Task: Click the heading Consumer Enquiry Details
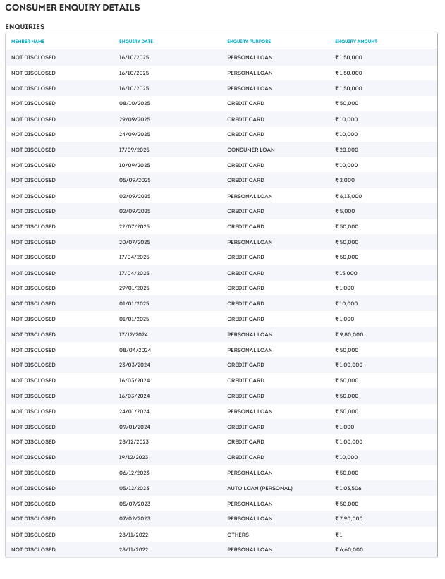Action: click(73, 8)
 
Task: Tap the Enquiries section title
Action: click(25, 26)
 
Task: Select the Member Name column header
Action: click(28, 42)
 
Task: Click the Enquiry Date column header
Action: click(136, 42)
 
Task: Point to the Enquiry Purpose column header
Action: click(249, 42)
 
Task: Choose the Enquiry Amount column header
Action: click(356, 42)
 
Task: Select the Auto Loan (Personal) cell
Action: click(260, 488)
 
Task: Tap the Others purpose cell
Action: click(238, 535)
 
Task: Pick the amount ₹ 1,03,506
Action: click(348, 488)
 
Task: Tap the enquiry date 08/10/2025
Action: click(134, 104)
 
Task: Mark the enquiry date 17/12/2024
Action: click(134, 334)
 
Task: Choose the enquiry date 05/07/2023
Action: click(134, 504)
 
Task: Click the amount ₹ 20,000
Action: click(346, 150)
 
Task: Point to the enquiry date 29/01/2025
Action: click(134, 288)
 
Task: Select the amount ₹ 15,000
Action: click(346, 273)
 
